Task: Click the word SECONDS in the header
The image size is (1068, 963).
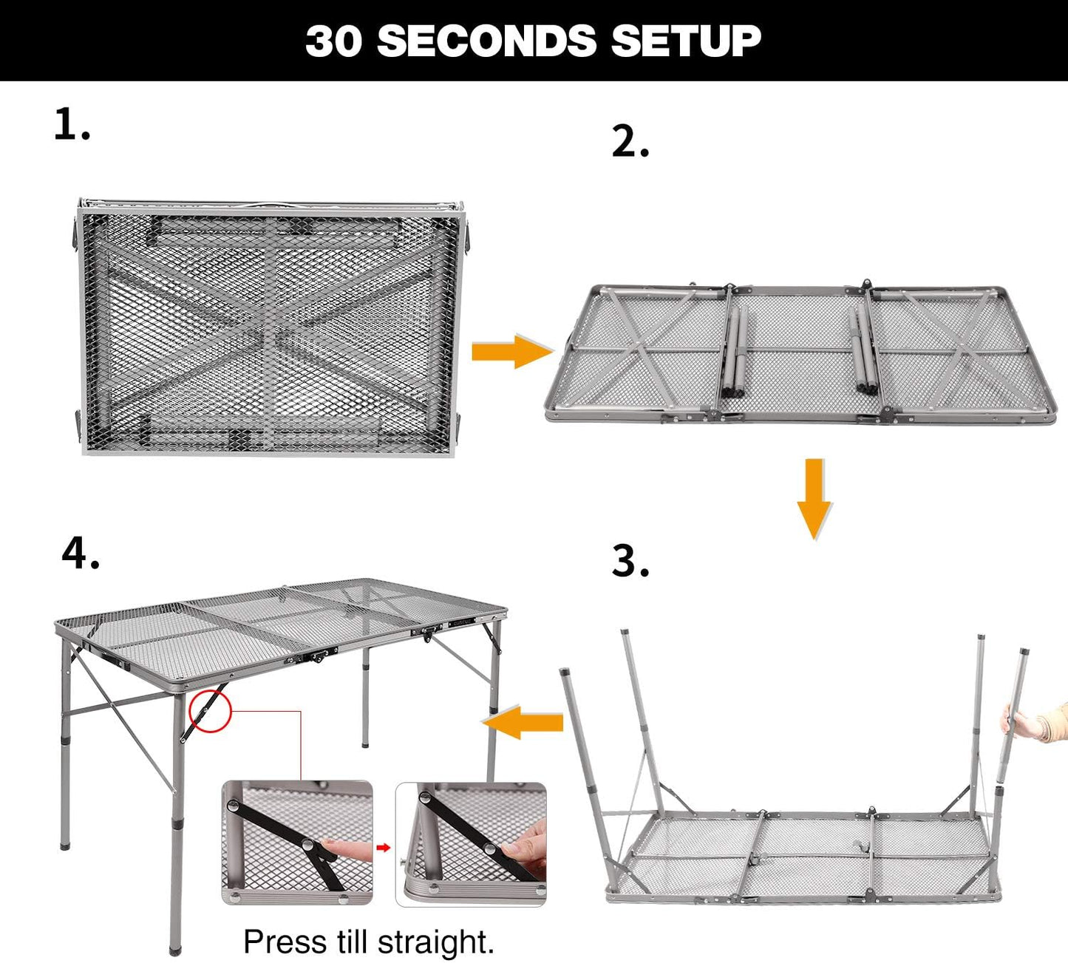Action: coord(486,41)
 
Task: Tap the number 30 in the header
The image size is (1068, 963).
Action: coord(334,41)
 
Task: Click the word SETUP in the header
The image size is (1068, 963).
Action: coord(685,41)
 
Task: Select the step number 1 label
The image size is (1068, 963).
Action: coord(72,124)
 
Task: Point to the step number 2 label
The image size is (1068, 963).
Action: coord(630,142)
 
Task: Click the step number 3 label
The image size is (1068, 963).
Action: coord(630,562)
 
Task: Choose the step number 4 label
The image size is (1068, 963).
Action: coord(80,554)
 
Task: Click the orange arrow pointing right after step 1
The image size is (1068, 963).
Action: coord(511,351)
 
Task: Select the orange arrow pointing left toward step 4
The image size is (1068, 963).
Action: coord(522,721)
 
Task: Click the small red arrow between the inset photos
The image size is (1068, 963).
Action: coord(384,847)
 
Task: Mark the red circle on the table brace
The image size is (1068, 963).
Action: coord(211,712)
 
